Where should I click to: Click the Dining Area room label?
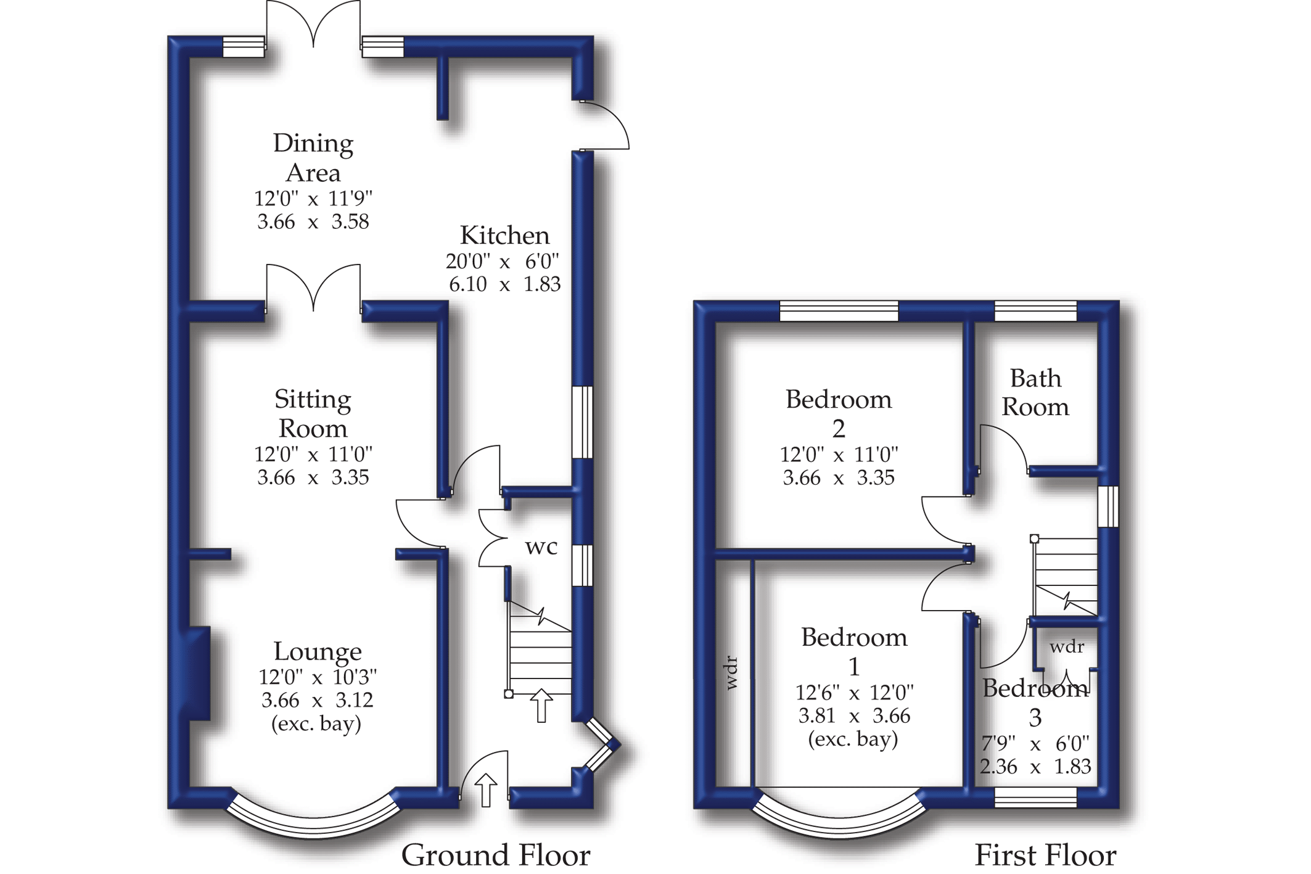pos(313,158)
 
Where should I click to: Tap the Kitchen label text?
pos(504,236)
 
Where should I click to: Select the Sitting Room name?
pos(313,414)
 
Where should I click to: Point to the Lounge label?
pos(318,651)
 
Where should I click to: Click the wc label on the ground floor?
pos(541,547)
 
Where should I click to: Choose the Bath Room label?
pos(1035,392)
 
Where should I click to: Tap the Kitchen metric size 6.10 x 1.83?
pos(504,284)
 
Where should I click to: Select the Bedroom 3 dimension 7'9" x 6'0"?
pos(1035,744)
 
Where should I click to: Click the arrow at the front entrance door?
pos(486,790)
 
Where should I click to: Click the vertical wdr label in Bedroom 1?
pos(731,672)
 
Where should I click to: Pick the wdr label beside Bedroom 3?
pos(1067,646)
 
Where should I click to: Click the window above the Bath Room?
pos(1035,311)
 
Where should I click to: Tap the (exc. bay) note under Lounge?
pos(316,724)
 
